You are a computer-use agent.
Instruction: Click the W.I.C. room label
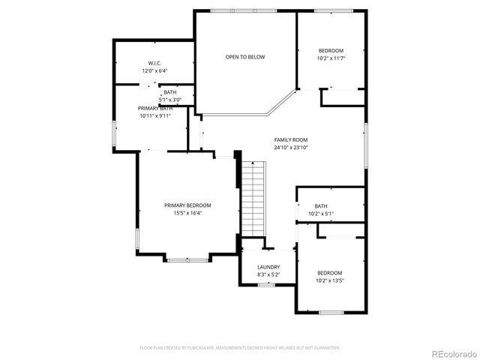155,63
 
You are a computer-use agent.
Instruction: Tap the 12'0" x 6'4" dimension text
155,70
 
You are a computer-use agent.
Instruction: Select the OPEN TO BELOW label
245,57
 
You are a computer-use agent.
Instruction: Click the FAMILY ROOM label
291,139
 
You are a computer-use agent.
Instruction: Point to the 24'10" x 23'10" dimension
291,148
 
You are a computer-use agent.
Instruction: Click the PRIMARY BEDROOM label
187,205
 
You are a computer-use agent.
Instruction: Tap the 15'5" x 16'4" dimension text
187,213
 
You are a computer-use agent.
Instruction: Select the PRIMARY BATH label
155,109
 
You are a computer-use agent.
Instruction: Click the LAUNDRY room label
268,267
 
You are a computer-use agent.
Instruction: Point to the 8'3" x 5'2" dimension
268,274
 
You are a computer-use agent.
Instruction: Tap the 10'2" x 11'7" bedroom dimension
330,58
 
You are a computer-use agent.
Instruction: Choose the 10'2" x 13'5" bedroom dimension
330,280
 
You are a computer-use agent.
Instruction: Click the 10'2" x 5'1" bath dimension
321,214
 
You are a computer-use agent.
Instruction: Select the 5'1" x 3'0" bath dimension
170,100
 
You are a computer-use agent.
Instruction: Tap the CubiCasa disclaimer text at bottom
240,348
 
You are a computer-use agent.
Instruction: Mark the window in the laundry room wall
266,285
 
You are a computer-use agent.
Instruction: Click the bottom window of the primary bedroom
187,260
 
